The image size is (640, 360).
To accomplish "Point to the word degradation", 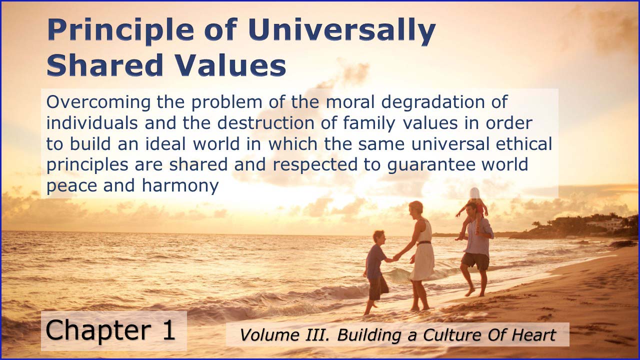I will click(x=437, y=102).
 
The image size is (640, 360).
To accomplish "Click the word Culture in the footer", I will click(x=448, y=335).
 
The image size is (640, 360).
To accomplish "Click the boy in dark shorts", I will click(x=376, y=270).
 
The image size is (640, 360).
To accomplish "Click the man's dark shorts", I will click(x=475, y=260).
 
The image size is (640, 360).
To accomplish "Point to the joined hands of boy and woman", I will click(x=396, y=256).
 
